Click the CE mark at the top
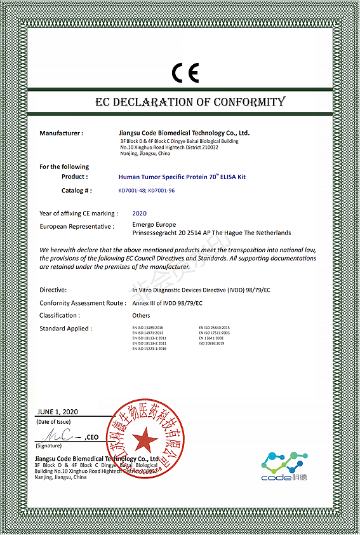[185, 73]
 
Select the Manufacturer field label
[61, 133]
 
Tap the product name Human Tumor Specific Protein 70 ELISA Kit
[182, 177]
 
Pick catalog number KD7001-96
[161, 191]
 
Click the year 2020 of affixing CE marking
[139, 213]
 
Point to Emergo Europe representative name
[154, 225]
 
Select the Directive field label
[53, 289]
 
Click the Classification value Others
[141, 315]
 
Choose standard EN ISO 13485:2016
[148, 328]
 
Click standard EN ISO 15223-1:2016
[149, 349]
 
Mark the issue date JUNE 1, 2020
[58, 412]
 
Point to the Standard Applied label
[65, 328]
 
